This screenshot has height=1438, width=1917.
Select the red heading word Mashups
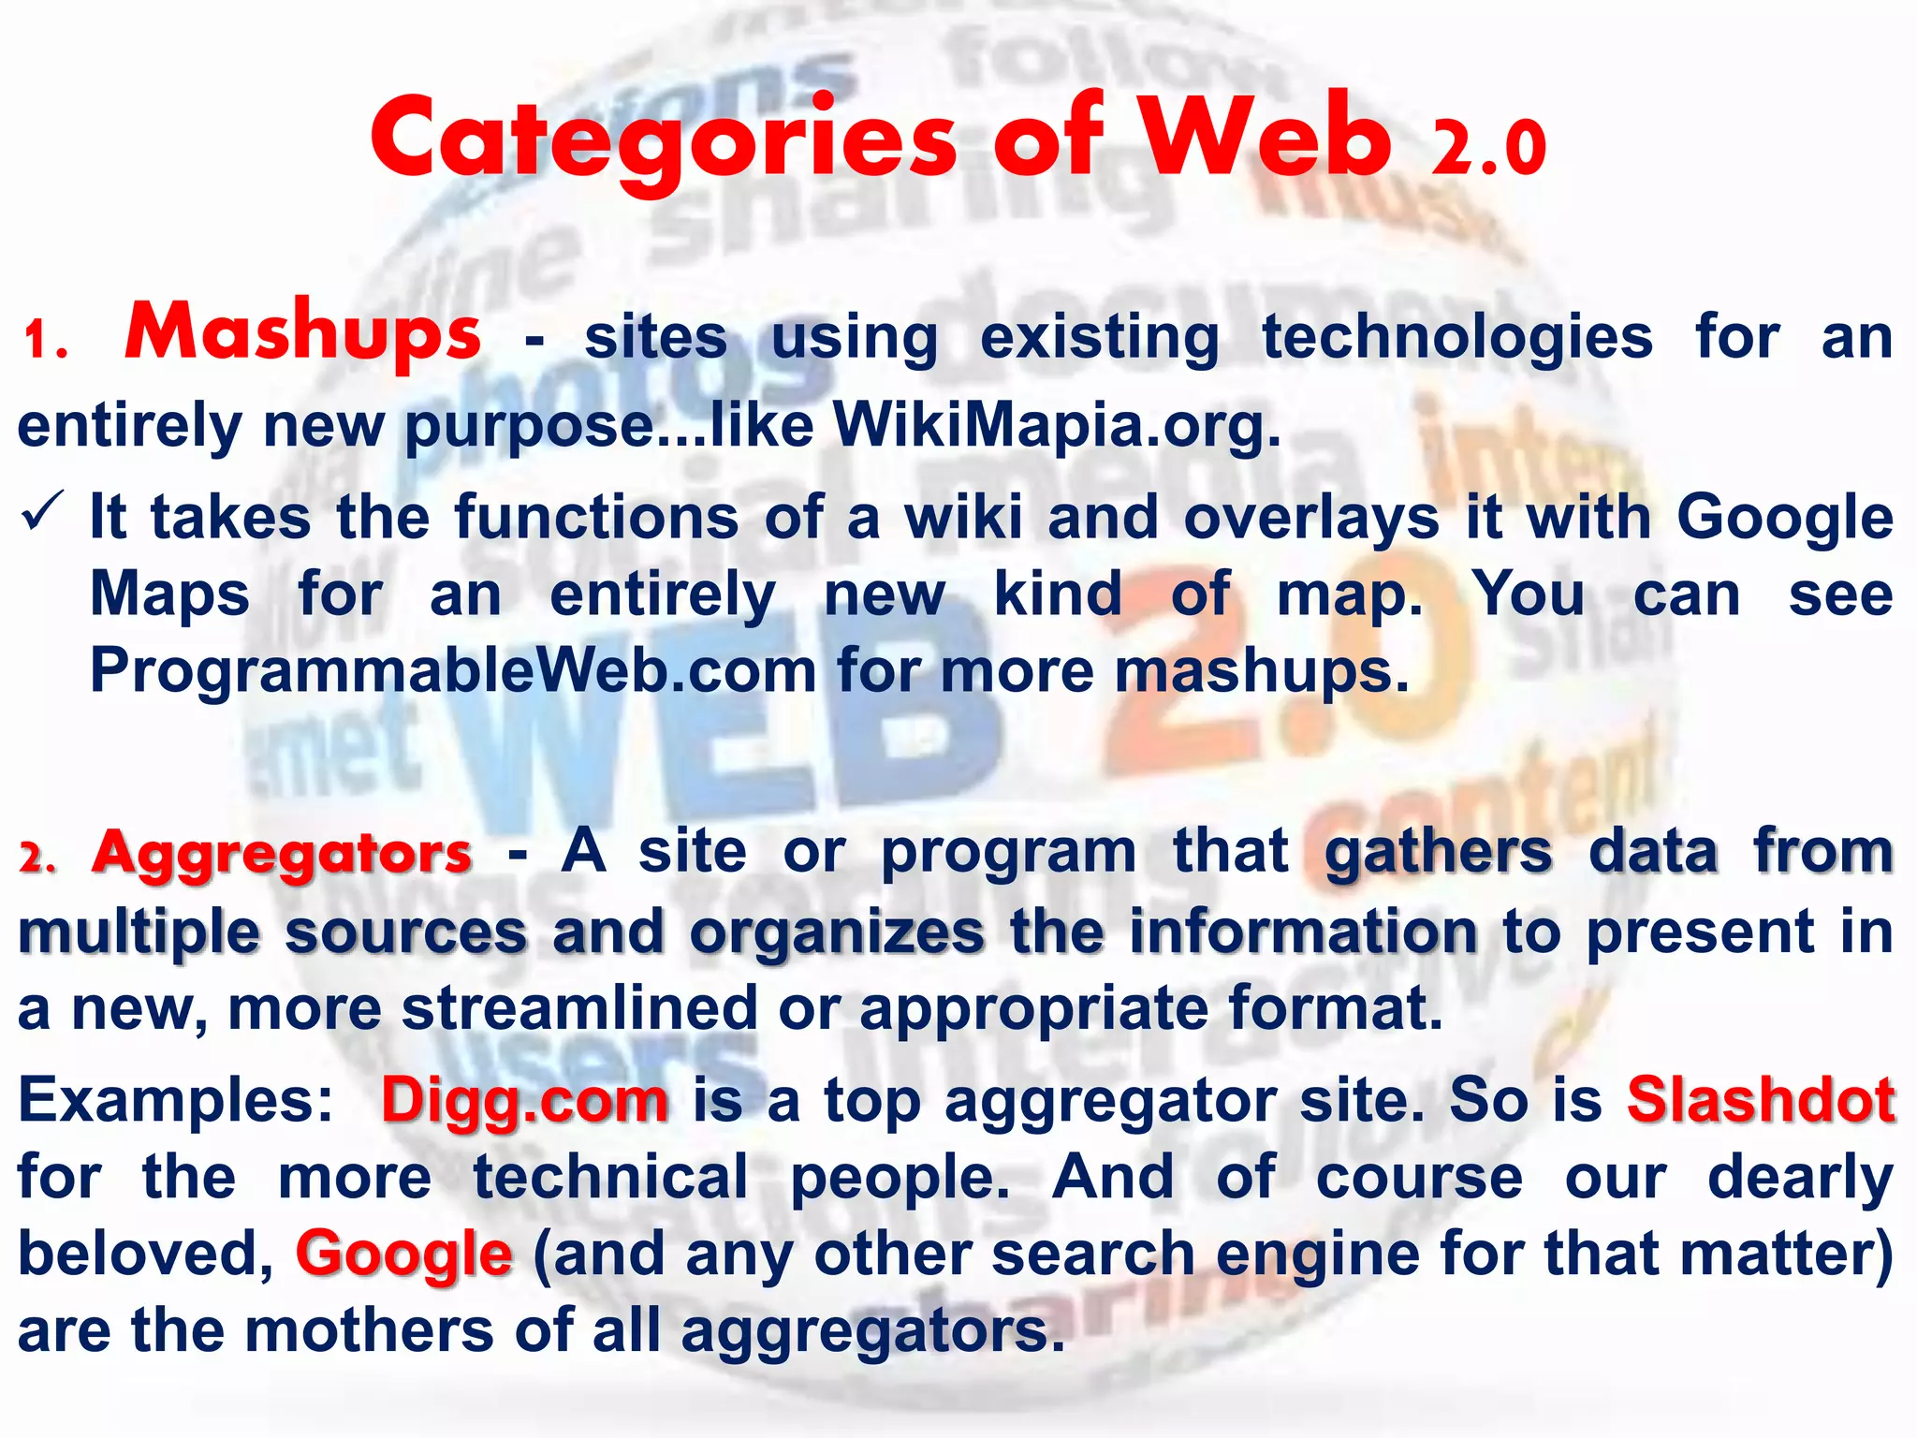(x=302, y=333)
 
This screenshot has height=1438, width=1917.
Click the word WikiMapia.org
(x=1056, y=426)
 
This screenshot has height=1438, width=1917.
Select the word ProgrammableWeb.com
(x=453, y=671)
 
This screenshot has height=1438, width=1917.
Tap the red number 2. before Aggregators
(x=37, y=858)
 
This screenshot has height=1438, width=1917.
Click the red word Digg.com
(x=525, y=1102)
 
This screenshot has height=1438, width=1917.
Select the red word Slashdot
(x=1761, y=1100)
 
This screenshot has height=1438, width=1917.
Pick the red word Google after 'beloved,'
(x=403, y=1255)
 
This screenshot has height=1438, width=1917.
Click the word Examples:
(x=176, y=1100)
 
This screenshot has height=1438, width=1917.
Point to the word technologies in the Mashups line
(x=1456, y=338)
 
